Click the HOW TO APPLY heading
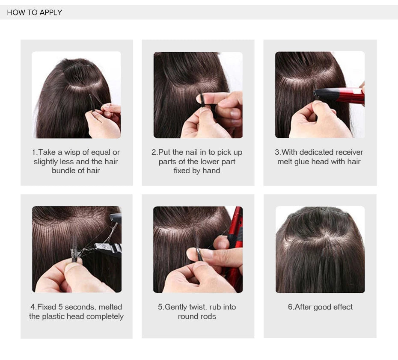[35, 12]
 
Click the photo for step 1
[76, 95]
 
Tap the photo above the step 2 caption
[198, 95]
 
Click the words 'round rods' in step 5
[197, 316]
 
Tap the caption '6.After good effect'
[320, 307]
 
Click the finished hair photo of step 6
[320, 249]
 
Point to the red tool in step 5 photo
[235, 244]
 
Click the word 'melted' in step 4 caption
[110, 307]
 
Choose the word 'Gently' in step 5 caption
[176, 307]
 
